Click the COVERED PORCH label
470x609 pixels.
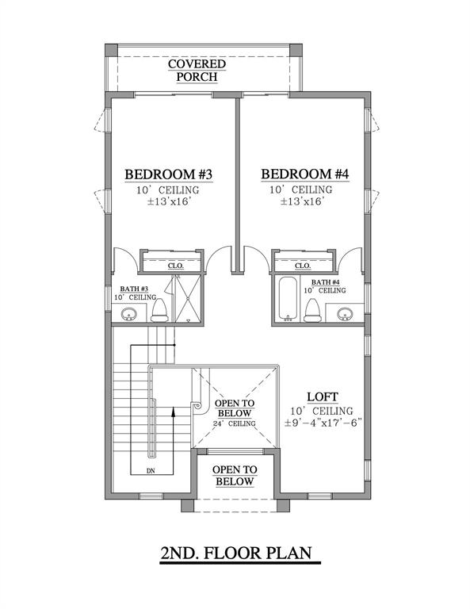(x=197, y=70)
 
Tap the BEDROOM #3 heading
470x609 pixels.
(x=168, y=174)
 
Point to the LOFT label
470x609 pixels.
(x=325, y=396)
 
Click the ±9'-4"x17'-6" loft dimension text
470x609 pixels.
(x=325, y=423)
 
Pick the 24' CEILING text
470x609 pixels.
(x=234, y=424)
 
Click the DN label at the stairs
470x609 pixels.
(x=151, y=470)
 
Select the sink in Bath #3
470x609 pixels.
(x=130, y=315)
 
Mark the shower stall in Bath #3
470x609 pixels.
(x=187, y=299)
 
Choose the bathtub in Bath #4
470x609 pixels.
(x=287, y=300)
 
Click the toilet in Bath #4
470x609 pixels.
(x=313, y=310)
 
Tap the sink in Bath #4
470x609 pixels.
(x=343, y=313)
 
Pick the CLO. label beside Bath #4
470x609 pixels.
(x=302, y=266)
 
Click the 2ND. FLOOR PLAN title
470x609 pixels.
(x=235, y=553)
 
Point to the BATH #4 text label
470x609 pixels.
(x=326, y=282)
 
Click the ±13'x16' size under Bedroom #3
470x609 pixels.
(x=168, y=202)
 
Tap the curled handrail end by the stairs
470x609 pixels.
(x=195, y=406)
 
